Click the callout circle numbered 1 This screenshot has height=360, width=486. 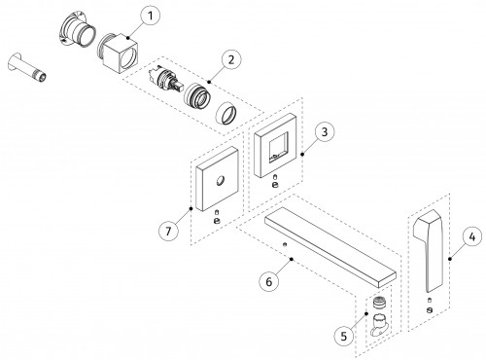point(150,16)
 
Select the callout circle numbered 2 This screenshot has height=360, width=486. point(231,59)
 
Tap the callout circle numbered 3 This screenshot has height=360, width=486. point(324,131)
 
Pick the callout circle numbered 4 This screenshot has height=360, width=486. point(472,236)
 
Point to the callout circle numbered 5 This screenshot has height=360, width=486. point(344,336)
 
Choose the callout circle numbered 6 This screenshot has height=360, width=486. point(269,281)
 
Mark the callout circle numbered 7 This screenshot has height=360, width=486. point(168,231)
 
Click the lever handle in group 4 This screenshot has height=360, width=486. point(429,250)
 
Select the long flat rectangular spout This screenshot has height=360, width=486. point(330,247)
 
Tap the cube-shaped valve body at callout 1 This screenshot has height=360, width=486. point(118,53)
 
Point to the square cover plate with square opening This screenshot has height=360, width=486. point(275,145)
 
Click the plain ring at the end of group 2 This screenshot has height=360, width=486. point(226,113)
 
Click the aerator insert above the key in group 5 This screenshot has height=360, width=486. point(380,303)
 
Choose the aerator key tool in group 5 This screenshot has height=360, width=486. point(379,325)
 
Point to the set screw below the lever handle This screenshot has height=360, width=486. point(430,310)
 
